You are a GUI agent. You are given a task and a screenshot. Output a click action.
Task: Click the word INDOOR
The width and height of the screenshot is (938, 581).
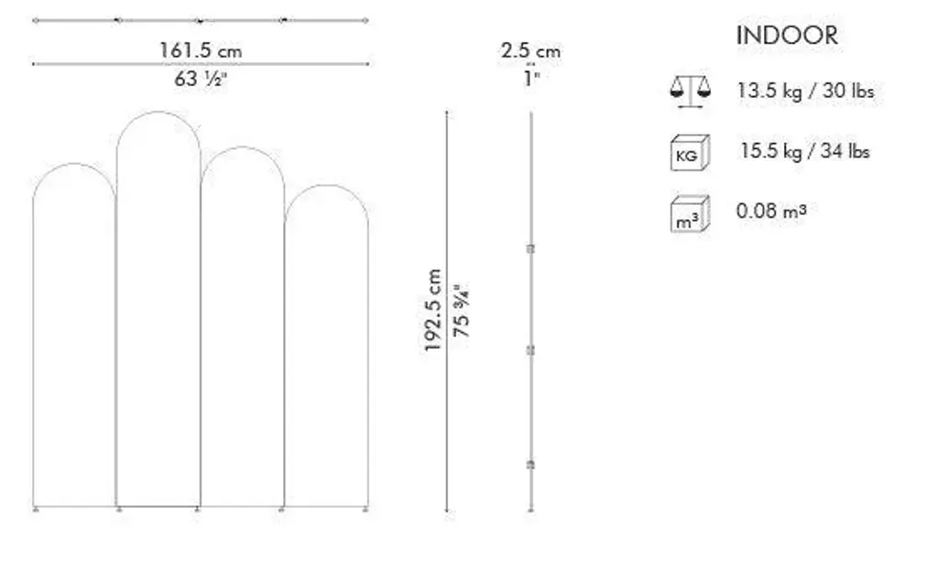point(787,36)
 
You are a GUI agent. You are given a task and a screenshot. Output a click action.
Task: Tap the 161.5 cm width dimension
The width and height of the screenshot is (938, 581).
point(201,50)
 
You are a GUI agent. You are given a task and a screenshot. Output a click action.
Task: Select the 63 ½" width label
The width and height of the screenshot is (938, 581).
point(201,79)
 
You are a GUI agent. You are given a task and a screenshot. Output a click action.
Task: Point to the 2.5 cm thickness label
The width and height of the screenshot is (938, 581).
point(530,50)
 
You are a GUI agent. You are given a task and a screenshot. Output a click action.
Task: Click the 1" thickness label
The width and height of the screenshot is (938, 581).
point(531,78)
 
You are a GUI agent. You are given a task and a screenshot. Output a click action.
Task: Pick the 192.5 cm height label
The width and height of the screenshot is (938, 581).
point(432,310)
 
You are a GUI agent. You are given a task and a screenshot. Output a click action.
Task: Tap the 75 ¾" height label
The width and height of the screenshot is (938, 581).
point(462,310)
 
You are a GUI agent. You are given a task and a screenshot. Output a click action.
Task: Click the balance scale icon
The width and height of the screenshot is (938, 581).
point(691,91)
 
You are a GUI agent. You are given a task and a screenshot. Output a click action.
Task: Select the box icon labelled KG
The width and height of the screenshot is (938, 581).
point(690,153)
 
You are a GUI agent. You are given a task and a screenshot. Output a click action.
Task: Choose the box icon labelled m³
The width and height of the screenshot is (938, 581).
point(690,213)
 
